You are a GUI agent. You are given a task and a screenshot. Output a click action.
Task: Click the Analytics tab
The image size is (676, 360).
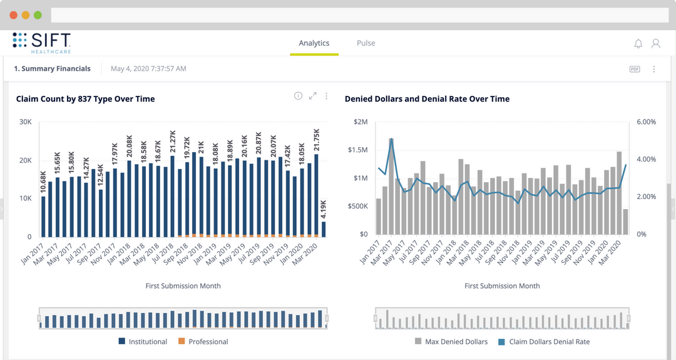tap(314, 43)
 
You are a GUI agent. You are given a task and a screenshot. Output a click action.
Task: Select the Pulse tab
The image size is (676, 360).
tap(366, 43)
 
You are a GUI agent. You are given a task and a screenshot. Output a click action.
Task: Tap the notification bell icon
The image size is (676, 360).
tap(638, 44)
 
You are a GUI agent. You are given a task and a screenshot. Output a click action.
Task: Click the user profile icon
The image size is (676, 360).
tap(655, 43)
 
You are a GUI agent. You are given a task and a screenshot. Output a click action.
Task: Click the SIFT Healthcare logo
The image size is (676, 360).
tap(41, 42)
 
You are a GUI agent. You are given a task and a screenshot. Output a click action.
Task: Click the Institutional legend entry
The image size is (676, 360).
tap(143, 342)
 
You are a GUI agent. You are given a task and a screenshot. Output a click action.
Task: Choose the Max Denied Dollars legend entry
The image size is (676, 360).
tap(451, 342)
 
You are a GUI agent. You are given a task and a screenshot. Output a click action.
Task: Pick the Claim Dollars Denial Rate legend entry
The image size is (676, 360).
tap(544, 342)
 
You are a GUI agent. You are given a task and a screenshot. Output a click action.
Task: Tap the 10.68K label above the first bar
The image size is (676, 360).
tap(43, 183)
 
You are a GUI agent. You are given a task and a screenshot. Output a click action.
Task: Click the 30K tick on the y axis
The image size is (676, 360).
tap(26, 122)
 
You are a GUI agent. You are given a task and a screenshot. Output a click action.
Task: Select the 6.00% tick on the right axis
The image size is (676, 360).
tap(646, 122)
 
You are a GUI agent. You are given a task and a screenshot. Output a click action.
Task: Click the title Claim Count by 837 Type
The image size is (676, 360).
tap(85, 99)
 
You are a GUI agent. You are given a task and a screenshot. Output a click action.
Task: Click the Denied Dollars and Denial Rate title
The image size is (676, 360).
tap(427, 99)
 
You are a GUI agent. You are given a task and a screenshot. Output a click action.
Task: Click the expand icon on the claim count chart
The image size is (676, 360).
tap(312, 96)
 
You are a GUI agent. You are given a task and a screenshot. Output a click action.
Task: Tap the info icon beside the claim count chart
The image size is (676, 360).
tap(298, 96)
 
